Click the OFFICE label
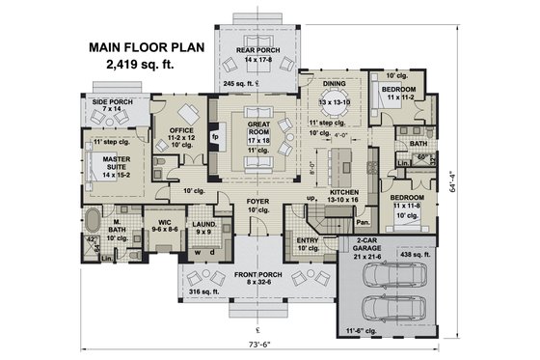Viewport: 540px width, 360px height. (x=181, y=130)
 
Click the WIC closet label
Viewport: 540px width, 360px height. (x=160, y=221)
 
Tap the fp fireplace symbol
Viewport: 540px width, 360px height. (x=217, y=138)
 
